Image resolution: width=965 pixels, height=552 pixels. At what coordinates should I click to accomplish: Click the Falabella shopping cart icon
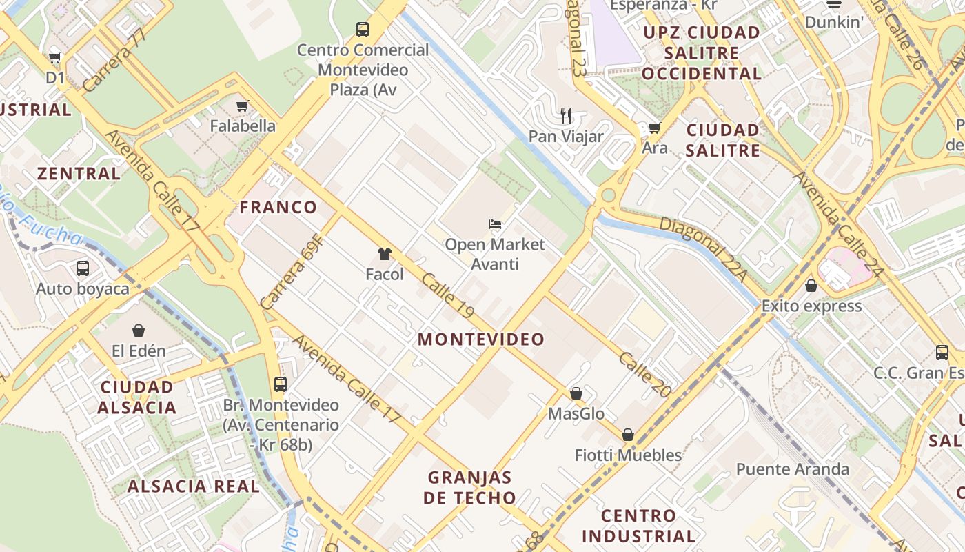[242, 106]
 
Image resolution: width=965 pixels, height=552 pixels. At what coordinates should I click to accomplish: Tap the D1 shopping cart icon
[55, 58]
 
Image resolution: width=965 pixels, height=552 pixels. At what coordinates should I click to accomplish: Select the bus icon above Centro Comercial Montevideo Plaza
[363, 30]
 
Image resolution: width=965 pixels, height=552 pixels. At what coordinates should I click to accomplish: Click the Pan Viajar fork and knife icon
[566, 116]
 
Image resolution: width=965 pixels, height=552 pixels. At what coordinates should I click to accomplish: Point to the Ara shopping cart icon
[654, 128]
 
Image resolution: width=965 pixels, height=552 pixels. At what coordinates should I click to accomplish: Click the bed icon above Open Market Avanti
[494, 224]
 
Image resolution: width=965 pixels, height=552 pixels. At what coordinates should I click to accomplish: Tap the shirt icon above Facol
[384, 254]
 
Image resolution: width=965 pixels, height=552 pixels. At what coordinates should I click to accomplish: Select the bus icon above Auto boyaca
[83, 268]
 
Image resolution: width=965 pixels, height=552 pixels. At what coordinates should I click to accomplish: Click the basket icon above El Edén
[139, 331]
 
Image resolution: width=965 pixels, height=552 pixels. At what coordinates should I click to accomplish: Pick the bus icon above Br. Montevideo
[281, 384]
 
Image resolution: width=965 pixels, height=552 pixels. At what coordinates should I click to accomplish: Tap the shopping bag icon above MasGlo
[576, 393]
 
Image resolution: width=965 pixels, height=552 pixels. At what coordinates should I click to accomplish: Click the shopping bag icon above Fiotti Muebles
[628, 435]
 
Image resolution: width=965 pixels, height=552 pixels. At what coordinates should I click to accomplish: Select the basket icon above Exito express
[811, 285]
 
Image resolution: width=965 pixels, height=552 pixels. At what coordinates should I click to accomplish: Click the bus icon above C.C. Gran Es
[942, 353]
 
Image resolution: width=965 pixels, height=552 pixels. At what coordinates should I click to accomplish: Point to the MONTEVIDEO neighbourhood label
[481, 339]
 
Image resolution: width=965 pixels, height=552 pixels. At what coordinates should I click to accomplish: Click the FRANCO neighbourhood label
[278, 207]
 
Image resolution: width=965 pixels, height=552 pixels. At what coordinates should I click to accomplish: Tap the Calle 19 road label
[448, 295]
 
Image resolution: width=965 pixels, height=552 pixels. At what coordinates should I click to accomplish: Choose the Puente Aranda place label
[793, 470]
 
